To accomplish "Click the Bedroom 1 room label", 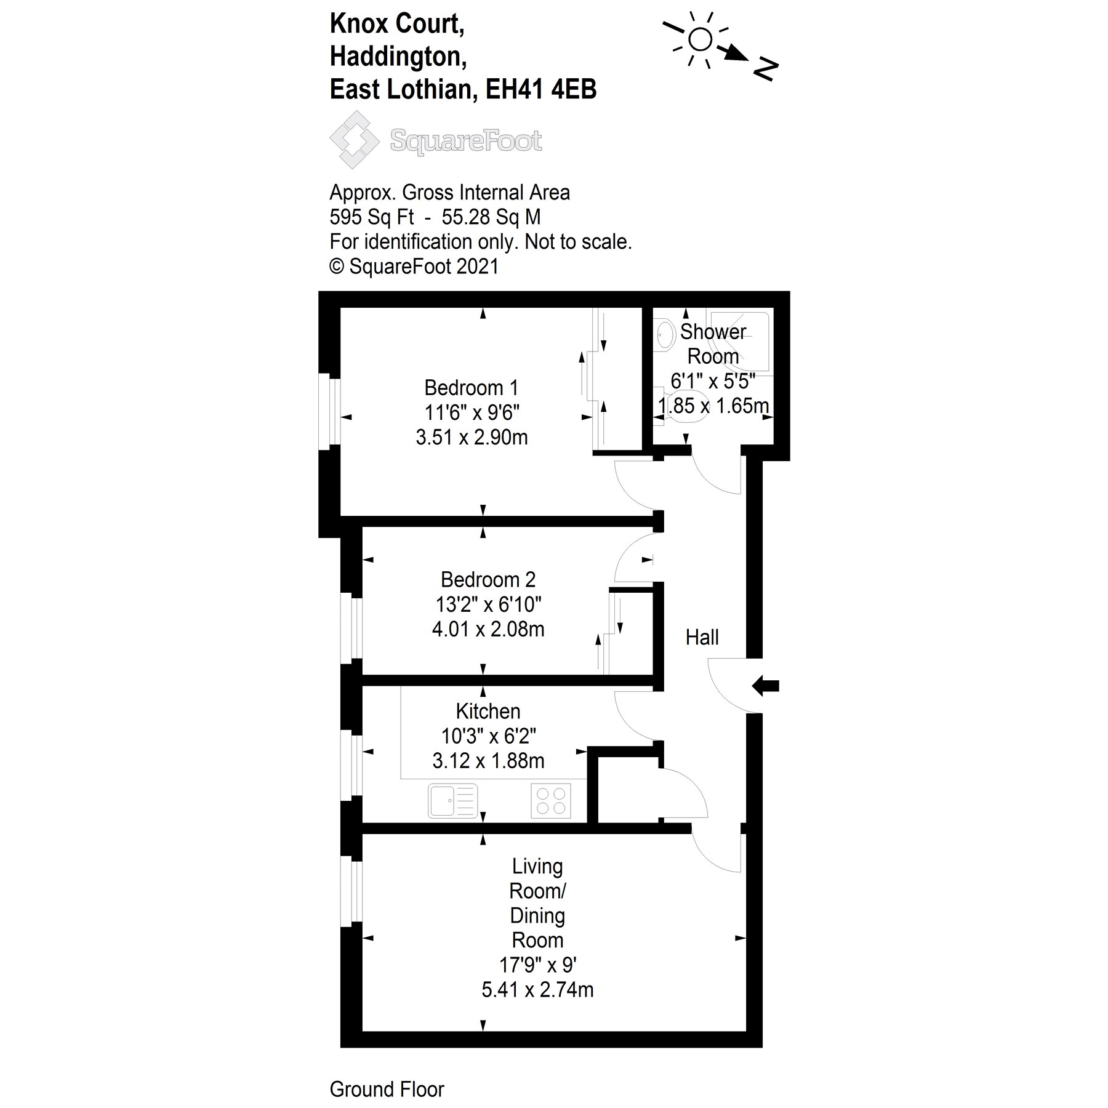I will (x=471, y=388).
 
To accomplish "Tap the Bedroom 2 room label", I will (x=488, y=580).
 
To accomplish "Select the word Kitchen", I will (x=488, y=712).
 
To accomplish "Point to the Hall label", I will (x=702, y=638).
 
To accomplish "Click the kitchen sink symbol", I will (x=452, y=800).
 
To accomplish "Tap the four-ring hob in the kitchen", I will (x=550, y=800).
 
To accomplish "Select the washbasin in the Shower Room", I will (x=664, y=335).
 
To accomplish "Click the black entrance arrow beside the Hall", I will (x=766, y=685).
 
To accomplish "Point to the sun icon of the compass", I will (x=700, y=40).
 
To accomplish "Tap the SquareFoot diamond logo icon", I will (x=354, y=140).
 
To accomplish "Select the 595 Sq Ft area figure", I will (x=372, y=217).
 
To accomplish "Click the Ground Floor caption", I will (x=387, y=1090).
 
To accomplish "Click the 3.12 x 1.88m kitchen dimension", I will (x=488, y=761).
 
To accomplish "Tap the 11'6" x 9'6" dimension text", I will (x=472, y=412).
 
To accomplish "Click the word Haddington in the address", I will (x=398, y=57).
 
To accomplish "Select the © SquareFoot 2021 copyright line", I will (x=414, y=267).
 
